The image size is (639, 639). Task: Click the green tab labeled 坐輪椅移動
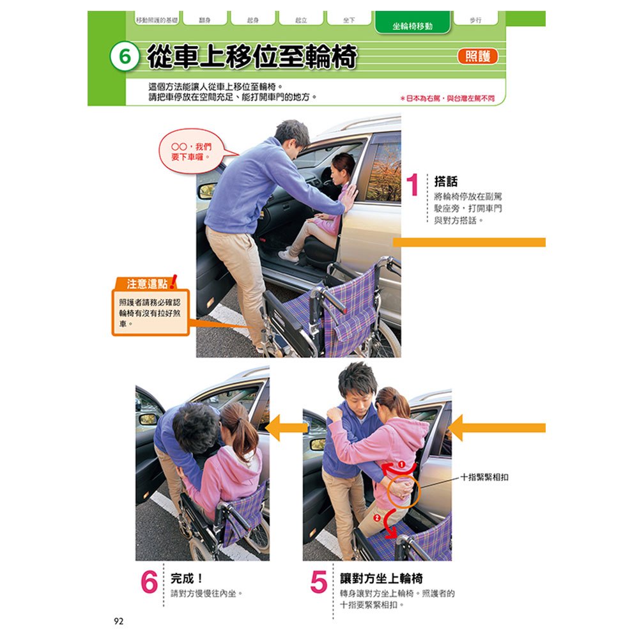click(412, 26)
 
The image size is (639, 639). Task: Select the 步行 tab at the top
click(475, 20)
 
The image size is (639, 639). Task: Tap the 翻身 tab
click(206, 20)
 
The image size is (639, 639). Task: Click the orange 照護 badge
click(477, 56)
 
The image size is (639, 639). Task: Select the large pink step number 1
click(413, 186)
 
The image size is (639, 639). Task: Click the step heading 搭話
click(445, 181)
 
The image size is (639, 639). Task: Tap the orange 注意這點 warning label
click(146, 284)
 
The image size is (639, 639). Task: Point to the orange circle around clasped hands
click(401, 490)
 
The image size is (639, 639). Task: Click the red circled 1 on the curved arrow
click(401, 464)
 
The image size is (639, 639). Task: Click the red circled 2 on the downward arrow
click(377, 516)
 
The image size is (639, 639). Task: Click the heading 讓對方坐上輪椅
click(381, 579)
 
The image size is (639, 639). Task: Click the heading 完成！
click(187, 579)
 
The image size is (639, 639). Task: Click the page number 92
click(118, 621)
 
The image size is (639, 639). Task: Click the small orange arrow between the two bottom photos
click(286, 428)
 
